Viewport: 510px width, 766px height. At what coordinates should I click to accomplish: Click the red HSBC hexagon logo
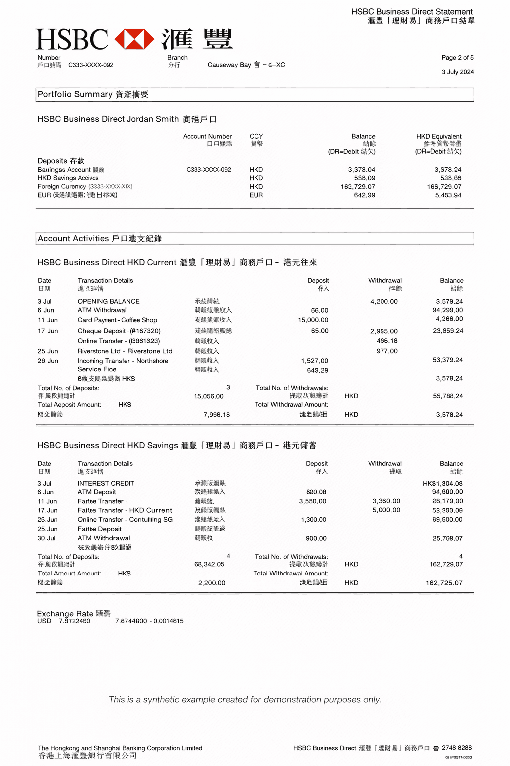[x=134, y=39]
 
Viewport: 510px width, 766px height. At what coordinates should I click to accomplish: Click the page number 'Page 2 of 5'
[x=457, y=58]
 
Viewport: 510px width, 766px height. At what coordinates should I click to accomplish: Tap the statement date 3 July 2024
[x=458, y=72]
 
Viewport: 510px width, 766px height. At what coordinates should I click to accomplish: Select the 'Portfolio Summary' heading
[x=75, y=94]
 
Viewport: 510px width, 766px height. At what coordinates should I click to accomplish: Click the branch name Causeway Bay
[x=229, y=65]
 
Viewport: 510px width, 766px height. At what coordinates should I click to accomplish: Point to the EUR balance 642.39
[x=364, y=195]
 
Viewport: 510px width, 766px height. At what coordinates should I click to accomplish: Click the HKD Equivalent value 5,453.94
[x=448, y=195]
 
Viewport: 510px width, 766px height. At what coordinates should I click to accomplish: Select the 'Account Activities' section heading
[x=73, y=239]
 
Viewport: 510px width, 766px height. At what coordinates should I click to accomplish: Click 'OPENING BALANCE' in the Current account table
[x=109, y=302]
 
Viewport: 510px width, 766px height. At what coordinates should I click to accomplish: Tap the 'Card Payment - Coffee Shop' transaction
[x=117, y=320]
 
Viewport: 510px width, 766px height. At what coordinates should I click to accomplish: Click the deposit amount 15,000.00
[x=313, y=320]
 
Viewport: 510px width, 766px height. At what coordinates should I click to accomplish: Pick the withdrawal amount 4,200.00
[x=383, y=302]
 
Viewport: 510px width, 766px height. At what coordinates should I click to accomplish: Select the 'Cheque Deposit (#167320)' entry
[x=119, y=331]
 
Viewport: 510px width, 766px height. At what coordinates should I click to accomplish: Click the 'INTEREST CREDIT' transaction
[x=106, y=484]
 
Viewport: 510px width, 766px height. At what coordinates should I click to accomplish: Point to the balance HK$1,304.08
[x=442, y=484]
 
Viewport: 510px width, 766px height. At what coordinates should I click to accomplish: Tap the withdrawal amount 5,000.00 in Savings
[x=386, y=510]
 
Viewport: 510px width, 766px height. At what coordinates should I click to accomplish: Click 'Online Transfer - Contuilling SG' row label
[x=125, y=520]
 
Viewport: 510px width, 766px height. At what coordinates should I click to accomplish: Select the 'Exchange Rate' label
[x=65, y=614]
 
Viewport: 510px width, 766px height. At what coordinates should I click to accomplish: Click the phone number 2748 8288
[x=456, y=748]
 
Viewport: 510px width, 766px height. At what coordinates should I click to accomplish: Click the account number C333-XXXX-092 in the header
[x=91, y=65]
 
